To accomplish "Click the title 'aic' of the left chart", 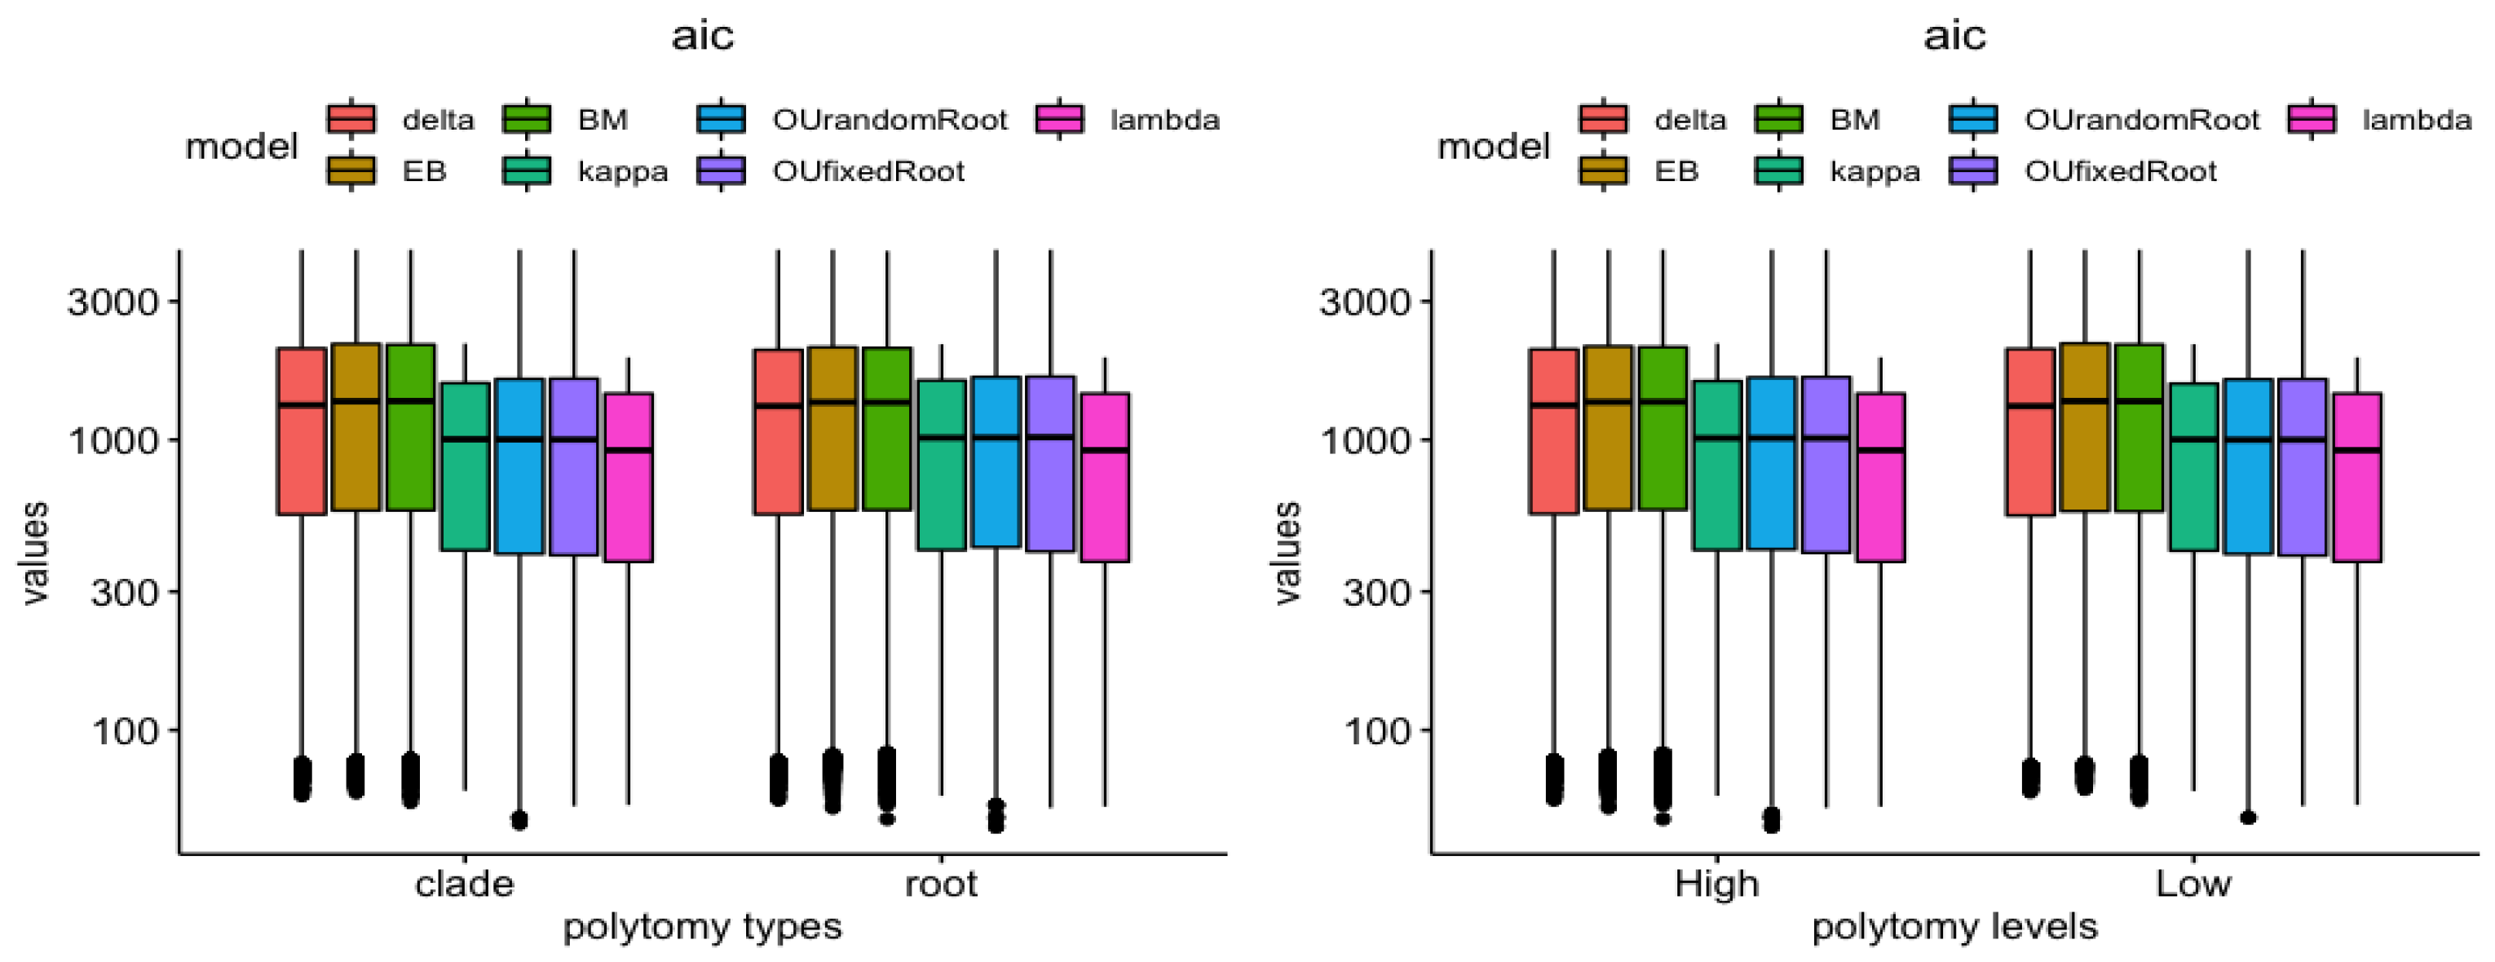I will click(703, 36).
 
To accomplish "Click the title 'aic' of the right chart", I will click(1954, 36).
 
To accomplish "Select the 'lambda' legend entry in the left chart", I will click(1164, 120).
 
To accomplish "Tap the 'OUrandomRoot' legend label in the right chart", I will click(2141, 120).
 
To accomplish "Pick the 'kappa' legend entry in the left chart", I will click(623, 171).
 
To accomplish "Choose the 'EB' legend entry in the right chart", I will click(1676, 171).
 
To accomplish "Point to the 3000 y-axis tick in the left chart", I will click(113, 302).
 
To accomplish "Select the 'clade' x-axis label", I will click(464, 884).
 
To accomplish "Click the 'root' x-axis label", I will click(940, 884).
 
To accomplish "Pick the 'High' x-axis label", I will click(1716, 884).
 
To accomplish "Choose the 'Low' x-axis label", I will click(2193, 884).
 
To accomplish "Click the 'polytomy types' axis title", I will click(702, 927).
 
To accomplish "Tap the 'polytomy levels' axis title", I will click(1954, 927).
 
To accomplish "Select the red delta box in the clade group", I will click(301, 431).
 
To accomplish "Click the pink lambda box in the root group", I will click(1105, 477).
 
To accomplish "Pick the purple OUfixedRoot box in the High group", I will click(1826, 465).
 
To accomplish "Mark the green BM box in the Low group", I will click(2139, 427).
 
